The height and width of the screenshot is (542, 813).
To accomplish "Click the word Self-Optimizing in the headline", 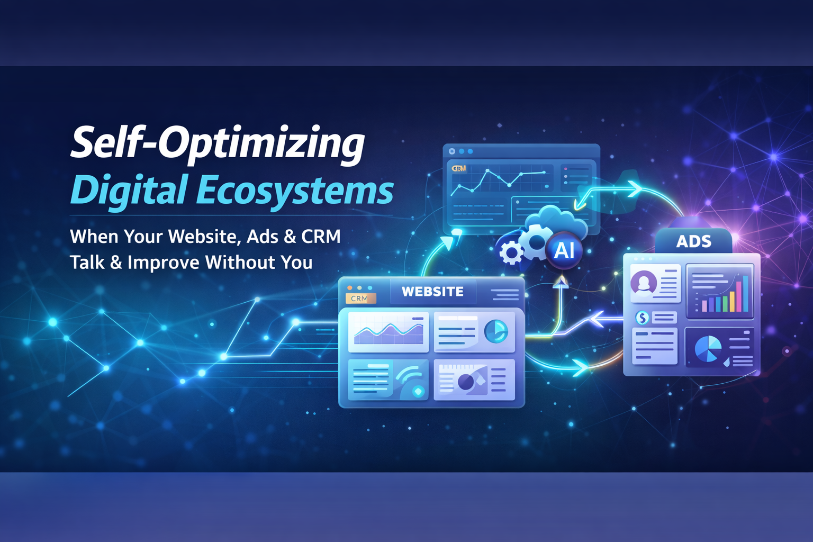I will click(x=218, y=143).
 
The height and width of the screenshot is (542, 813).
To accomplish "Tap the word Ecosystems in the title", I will click(x=295, y=191).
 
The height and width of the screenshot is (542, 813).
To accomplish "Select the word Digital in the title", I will click(x=129, y=191).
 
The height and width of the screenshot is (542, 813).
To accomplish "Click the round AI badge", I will click(x=564, y=250).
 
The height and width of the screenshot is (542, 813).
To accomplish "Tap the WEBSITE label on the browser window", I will click(x=432, y=292).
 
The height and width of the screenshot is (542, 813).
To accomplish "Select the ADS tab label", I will click(x=693, y=242).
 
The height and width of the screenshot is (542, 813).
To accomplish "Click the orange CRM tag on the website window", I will click(x=360, y=299).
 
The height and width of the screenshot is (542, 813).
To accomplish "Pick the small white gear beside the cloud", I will click(x=511, y=252).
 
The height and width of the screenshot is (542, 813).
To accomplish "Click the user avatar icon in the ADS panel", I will click(x=644, y=283).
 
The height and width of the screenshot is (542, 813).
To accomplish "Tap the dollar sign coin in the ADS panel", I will click(x=643, y=318).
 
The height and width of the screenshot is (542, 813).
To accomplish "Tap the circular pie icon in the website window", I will click(x=496, y=332).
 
